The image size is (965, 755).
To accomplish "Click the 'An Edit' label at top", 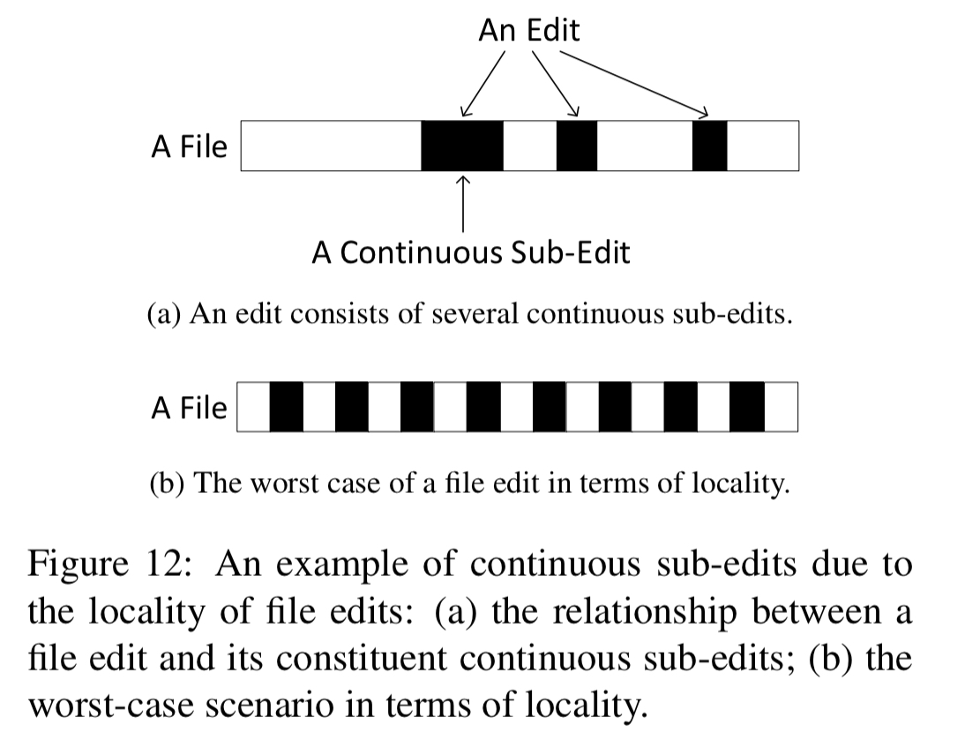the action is [528, 30].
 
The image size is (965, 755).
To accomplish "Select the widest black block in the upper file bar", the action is [462, 146].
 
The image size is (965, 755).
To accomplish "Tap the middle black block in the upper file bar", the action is [577, 146].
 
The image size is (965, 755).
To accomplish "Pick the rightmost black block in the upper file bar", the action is [709, 146].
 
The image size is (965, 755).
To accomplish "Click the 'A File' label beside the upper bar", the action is [189, 146].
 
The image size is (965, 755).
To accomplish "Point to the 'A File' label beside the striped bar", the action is [189, 407].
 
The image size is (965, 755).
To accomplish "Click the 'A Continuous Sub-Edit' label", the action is [471, 252].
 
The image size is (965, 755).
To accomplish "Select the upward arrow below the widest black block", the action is [463, 204].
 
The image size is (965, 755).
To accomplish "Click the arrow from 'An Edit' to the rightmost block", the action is [634, 84].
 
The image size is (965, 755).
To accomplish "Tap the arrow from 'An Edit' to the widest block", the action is [483, 84].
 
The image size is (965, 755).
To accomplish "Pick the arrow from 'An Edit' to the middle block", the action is [555, 84].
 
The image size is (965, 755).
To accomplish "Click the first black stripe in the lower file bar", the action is [286, 407].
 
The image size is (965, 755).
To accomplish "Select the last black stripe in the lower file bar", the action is [747, 407].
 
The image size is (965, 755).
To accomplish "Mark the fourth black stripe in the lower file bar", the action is [483, 407].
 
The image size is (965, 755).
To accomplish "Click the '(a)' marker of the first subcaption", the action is [164, 314].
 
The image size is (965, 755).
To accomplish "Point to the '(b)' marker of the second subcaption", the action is [167, 483].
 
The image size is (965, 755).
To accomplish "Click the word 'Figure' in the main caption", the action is [79, 564].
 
